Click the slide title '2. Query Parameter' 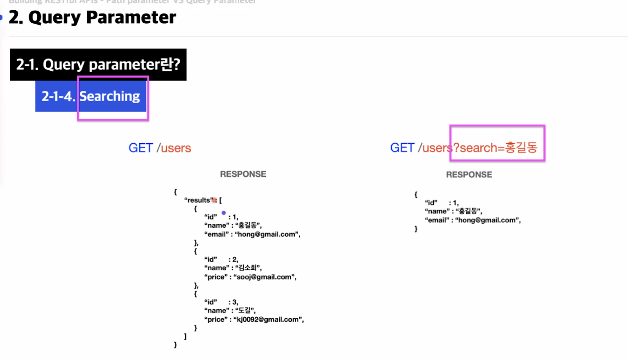pos(93,18)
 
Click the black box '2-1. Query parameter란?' pos(98,65)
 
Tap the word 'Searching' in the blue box pos(110,97)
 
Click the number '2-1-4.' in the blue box pos(58,97)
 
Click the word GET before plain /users pos(140,148)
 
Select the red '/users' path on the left pos(174,148)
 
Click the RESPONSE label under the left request pos(243,174)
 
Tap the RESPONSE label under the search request pos(469,175)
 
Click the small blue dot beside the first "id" pos(224,213)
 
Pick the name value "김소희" pos(248,268)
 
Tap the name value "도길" pos(245,311)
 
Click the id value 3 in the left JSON pos(235,302)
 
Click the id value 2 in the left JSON pos(235,259)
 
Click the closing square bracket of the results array pos(185,336)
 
